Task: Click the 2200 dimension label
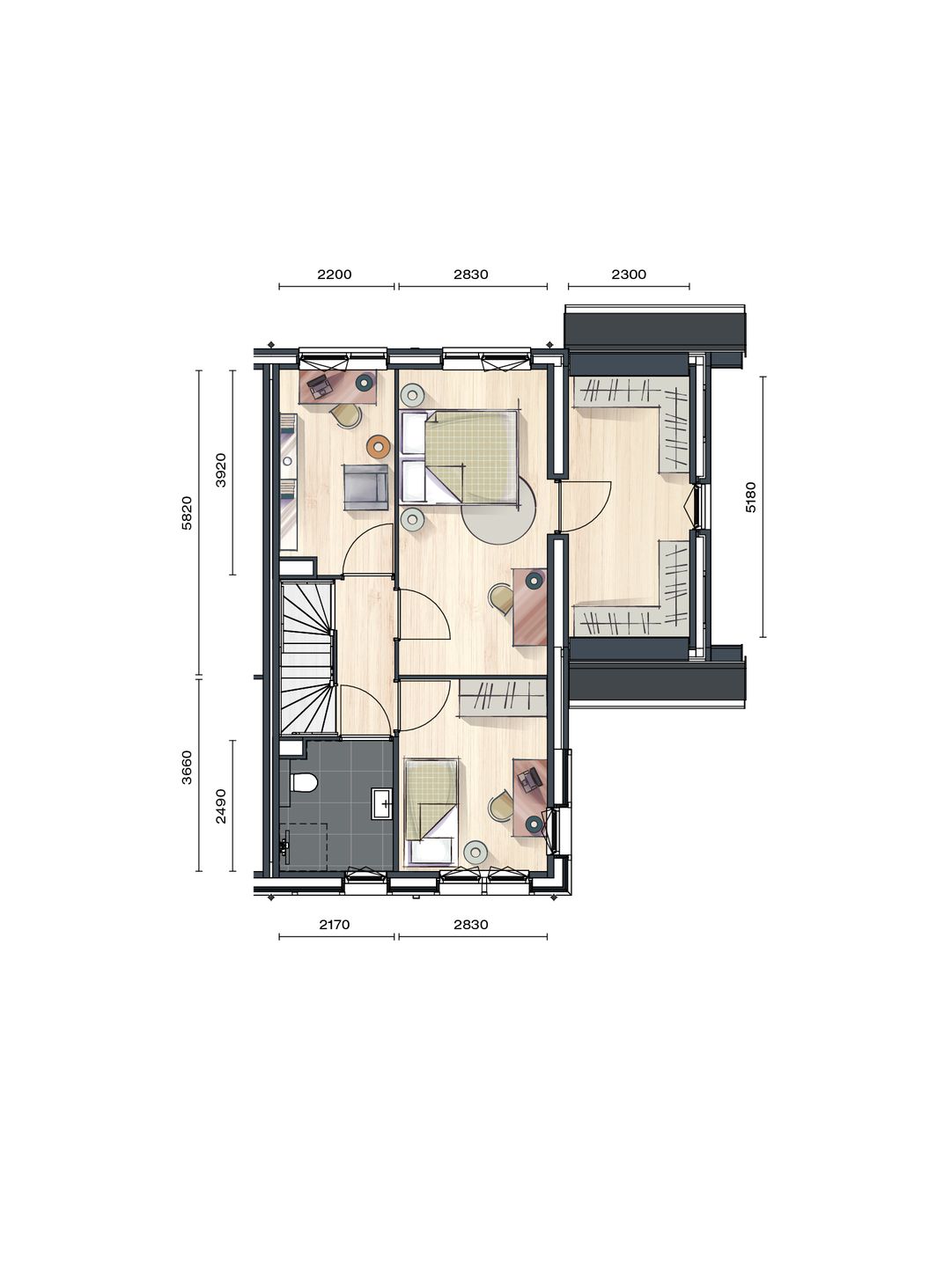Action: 335,275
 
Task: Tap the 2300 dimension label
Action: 629,275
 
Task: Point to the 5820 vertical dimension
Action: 186,513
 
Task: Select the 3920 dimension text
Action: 221,470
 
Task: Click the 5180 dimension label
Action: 750,497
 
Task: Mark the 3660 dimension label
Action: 186,766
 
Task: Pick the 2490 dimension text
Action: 221,805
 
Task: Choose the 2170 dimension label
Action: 335,924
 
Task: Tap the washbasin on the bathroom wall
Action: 382,803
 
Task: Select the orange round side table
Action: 379,446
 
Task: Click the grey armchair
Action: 365,487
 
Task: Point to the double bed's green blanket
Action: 471,456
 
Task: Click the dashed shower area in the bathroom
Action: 305,845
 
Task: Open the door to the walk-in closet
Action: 586,506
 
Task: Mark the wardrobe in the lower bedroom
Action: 501,697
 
